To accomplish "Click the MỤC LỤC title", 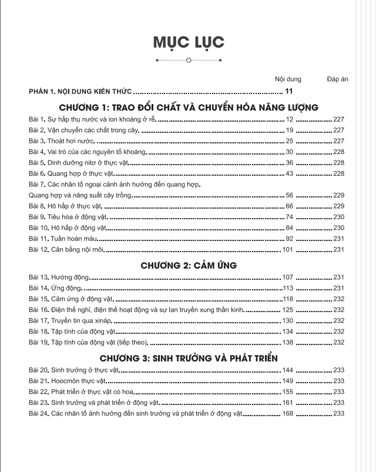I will tap(188, 42).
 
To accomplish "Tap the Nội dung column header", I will tap(288, 79).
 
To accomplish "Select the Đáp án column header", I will tap(337, 79).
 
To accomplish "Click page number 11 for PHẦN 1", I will tap(288, 91).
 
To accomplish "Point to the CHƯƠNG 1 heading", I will tap(189, 107).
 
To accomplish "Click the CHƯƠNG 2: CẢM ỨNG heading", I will tap(189, 265).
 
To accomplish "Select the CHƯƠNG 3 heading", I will tap(189, 358).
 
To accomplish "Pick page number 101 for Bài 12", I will tap(287, 249).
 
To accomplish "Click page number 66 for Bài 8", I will tap(289, 206).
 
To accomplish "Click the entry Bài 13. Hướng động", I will tap(58, 277).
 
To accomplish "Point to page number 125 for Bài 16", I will tap(287, 310).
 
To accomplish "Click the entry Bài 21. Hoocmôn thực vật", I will tap(66, 381).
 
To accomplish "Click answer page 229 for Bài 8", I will tap(338, 206).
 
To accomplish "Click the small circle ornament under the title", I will tap(188, 60).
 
